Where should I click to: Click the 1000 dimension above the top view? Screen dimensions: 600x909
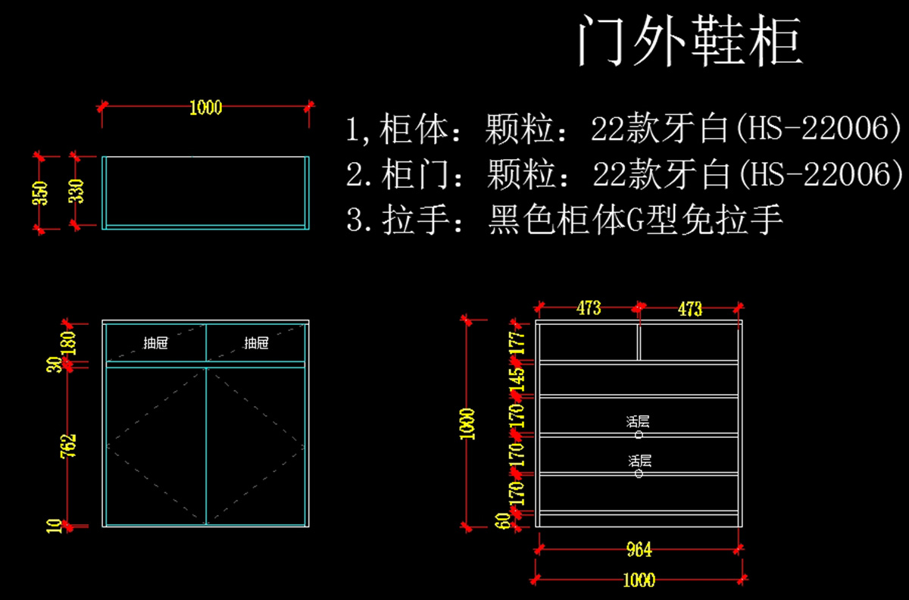tap(205, 108)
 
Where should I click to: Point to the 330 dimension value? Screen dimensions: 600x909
tap(77, 192)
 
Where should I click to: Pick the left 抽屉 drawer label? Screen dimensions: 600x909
tap(155, 343)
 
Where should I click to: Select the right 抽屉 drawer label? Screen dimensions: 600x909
tap(256, 343)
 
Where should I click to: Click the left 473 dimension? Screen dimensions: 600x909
tap(589, 308)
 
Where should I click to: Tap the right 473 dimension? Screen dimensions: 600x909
tap(690, 309)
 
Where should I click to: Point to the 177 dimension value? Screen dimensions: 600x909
tap(517, 342)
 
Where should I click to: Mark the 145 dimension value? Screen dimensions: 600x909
tap(517, 379)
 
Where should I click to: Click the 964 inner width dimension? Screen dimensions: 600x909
tap(639, 550)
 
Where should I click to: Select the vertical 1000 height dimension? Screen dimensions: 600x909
tap(467, 423)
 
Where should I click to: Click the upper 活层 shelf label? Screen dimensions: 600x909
tap(639, 421)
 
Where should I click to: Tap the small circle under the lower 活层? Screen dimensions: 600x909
tap(639, 473)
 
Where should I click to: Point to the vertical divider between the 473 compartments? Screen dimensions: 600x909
tap(638, 343)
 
